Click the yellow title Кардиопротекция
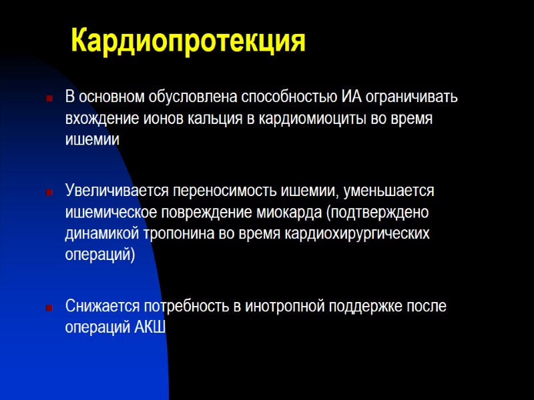(x=188, y=41)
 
